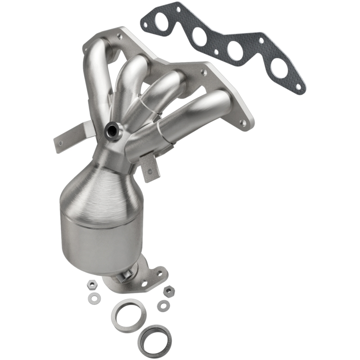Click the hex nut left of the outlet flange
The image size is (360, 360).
pyautogui.click(x=90, y=285)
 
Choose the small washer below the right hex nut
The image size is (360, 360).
pyautogui.click(x=163, y=306)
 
